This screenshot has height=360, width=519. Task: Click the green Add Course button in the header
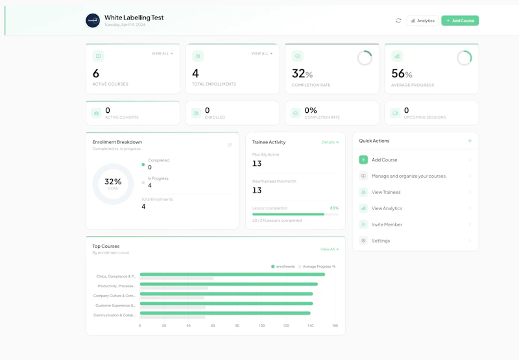[460, 21]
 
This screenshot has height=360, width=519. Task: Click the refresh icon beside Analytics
[398, 21]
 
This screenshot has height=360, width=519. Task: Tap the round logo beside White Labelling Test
[93, 21]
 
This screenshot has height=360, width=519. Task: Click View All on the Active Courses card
[162, 54]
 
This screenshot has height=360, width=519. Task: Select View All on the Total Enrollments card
[262, 54]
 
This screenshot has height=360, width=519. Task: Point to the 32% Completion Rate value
[302, 74]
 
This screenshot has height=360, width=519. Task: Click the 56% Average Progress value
[402, 74]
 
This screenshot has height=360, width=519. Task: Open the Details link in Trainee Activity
[330, 142]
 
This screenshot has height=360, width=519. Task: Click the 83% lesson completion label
[334, 208]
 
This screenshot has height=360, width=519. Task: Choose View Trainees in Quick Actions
[386, 192]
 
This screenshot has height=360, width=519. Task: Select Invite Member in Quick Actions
[387, 224]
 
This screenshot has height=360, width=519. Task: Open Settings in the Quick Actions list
[381, 241]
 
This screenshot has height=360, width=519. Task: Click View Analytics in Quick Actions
[387, 208]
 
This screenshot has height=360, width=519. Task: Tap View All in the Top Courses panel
[329, 249]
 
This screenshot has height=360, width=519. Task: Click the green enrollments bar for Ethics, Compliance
[232, 274]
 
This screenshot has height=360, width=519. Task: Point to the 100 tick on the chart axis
[261, 326]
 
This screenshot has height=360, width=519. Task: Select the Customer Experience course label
[115, 305]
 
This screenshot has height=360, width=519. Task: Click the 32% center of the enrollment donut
[113, 182]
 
